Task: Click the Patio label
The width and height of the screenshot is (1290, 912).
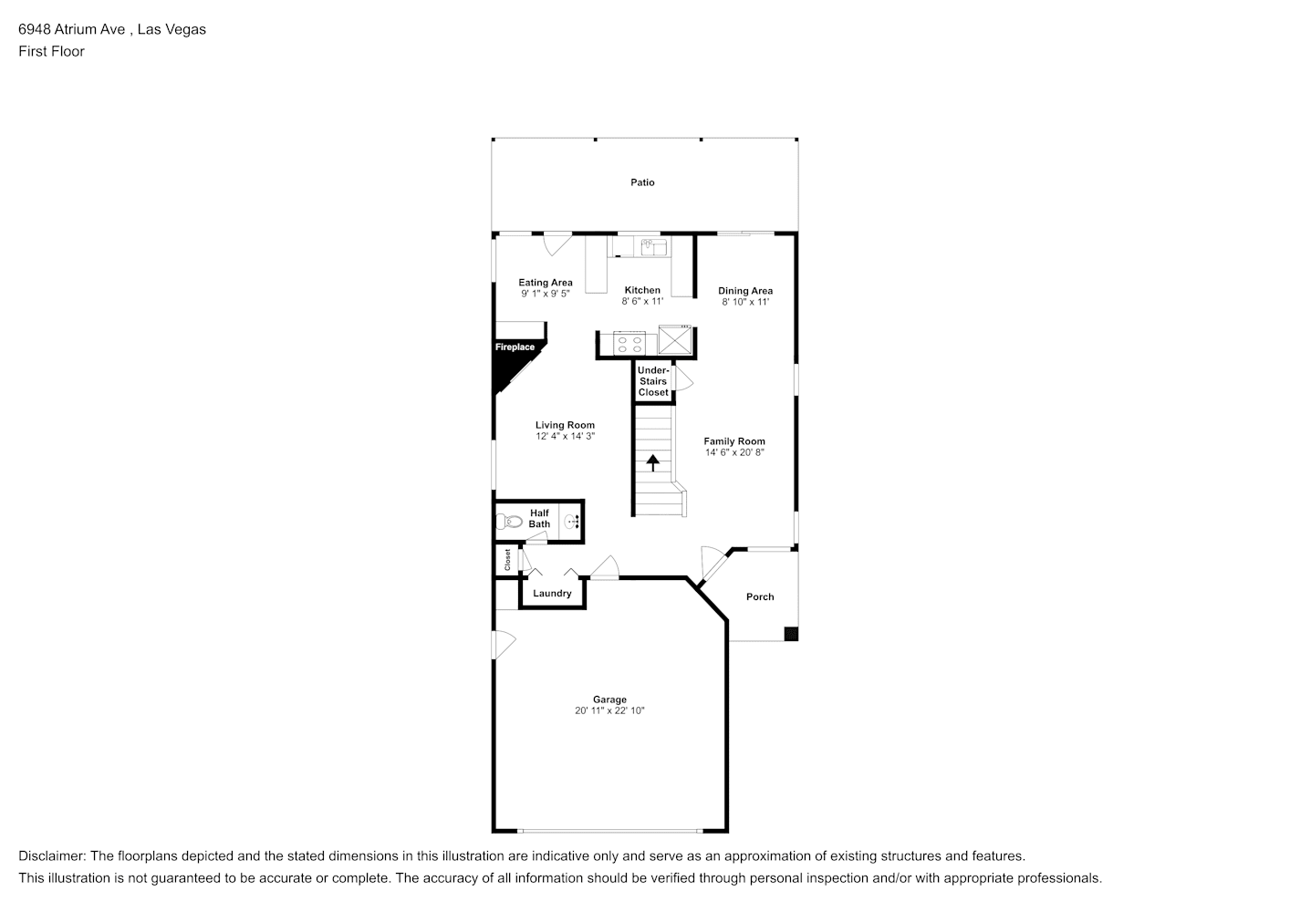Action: point(642,182)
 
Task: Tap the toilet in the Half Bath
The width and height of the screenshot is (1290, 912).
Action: point(508,522)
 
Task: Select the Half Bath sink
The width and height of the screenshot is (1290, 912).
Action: point(571,523)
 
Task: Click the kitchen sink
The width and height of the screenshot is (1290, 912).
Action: point(653,247)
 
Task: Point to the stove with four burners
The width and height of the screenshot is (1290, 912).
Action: point(629,344)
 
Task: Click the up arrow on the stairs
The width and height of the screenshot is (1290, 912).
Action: point(652,462)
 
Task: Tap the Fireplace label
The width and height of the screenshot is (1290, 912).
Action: point(515,347)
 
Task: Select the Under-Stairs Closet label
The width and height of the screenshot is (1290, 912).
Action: point(653,381)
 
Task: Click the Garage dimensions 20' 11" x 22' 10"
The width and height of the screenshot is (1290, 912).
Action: point(609,710)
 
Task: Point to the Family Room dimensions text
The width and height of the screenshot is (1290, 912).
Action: point(734,452)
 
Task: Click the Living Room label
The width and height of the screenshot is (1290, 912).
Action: point(565,426)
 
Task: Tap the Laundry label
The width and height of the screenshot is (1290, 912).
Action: point(552,594)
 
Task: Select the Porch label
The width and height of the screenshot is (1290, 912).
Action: point(760,597)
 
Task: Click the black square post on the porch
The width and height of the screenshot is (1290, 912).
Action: point(791,634)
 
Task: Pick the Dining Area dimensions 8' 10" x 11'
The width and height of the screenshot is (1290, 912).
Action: point(745,302)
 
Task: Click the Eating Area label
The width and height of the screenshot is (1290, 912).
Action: point(546,283)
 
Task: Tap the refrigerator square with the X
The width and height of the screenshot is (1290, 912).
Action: point(675,339)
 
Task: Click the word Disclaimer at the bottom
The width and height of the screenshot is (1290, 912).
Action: point(52,856)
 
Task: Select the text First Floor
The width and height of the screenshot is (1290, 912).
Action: point(51,51)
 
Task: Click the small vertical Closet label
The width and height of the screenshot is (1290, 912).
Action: point(507,560)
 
